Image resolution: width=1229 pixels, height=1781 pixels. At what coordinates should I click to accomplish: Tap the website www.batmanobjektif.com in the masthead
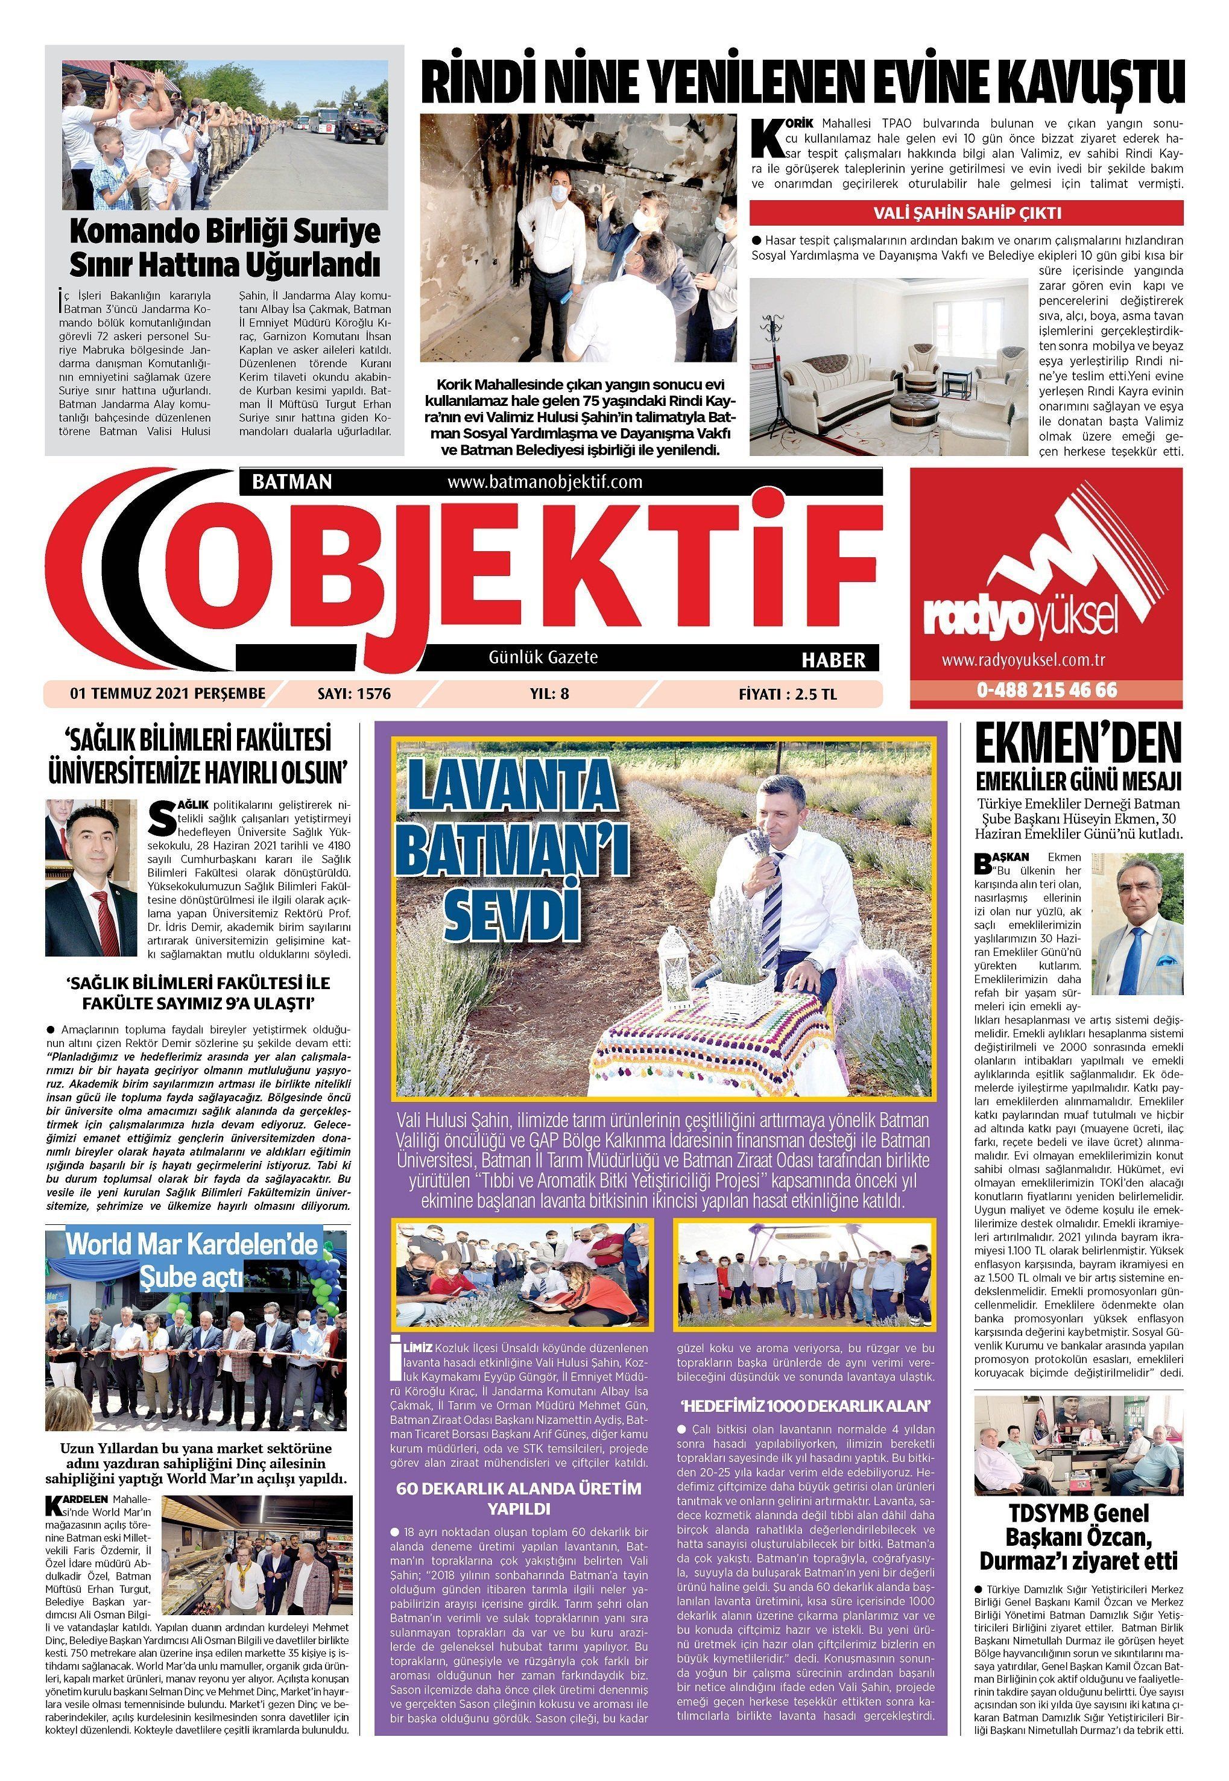[544, 482]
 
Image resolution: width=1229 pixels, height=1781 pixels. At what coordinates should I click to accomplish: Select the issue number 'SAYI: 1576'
[354, 694]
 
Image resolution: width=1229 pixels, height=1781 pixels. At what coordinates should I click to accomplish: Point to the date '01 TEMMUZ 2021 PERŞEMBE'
[167, 694]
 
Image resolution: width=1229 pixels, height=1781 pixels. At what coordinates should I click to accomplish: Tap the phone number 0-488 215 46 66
[1046, 690]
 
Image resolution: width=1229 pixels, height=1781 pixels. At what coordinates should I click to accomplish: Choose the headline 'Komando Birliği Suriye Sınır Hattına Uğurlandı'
[224, 248]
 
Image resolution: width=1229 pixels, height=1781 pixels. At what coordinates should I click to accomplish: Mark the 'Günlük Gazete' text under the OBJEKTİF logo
[543, 657]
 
